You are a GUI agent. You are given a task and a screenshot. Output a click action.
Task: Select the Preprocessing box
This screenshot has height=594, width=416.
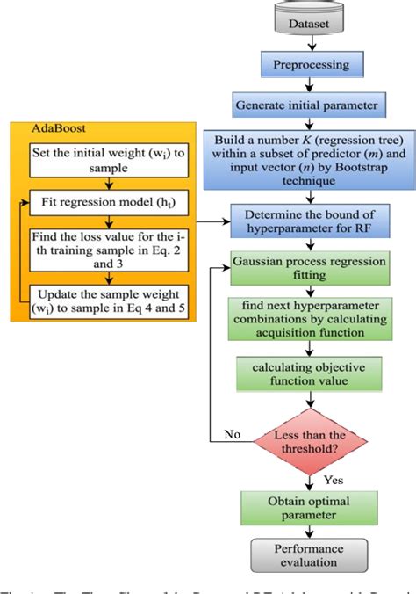(x=306, y=65)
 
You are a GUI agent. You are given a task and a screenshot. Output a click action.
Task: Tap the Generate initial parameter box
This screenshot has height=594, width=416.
(x=306, y=104)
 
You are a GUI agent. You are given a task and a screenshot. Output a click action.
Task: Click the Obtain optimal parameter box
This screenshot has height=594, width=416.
(x=306, y=508)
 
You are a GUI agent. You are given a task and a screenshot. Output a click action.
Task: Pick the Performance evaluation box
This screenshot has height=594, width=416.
(x=306, y=556)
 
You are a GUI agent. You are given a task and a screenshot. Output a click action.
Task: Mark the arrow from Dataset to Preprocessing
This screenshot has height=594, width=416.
(x=306, y=43)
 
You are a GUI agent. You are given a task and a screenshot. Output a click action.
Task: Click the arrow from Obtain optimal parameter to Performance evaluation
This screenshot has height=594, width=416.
(x=306, y=532)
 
